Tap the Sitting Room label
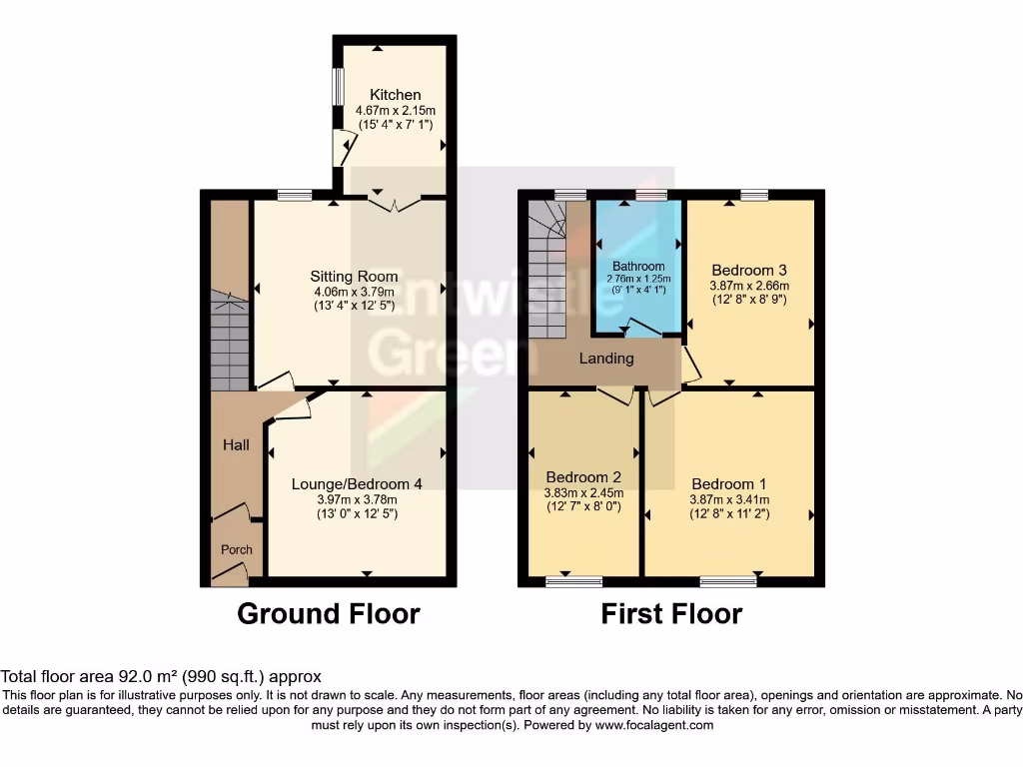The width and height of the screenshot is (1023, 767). [354, 276]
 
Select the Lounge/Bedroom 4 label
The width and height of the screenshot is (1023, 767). [357, 483]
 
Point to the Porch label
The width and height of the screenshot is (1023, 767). [237, 549]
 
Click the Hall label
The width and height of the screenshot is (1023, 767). [236, 445]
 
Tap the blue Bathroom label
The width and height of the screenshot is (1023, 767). [638, 266]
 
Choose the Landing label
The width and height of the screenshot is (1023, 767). [607, 358]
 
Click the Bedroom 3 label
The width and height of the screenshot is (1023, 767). [749, 270]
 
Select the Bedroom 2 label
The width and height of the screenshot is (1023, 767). [583, 476]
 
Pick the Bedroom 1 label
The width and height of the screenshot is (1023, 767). [729, 484]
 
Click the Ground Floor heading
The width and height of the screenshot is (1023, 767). [329, 613]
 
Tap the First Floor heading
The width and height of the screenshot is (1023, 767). [671, 613]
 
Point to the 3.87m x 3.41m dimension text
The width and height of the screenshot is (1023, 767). [729, 499]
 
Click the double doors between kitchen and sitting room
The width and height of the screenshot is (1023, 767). [395, 204]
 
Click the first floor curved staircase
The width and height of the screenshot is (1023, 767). [546, 265]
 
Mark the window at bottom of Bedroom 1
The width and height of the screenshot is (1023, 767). [728, 581]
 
